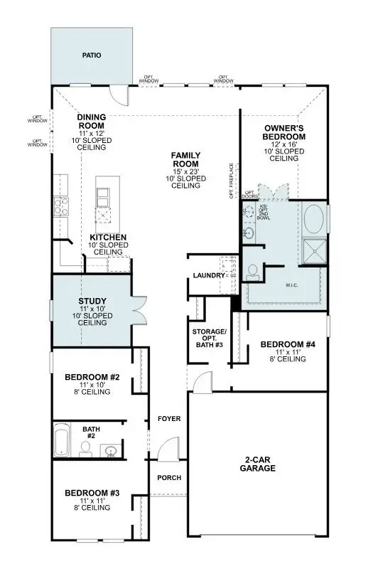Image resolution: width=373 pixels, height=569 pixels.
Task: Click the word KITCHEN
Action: (108, 237)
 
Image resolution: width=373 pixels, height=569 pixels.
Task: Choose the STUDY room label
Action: (92, 301)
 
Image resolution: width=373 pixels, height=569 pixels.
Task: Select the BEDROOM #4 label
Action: (288, 344)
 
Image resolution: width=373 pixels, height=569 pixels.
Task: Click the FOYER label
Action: (169, 419)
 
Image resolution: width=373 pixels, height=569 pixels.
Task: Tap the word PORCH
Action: (169, 477)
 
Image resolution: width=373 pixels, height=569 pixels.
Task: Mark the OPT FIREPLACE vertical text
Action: (232, 181)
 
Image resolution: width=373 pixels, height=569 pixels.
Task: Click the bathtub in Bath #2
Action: (61, 439)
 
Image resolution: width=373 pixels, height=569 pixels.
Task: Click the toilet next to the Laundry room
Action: (253, 271)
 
